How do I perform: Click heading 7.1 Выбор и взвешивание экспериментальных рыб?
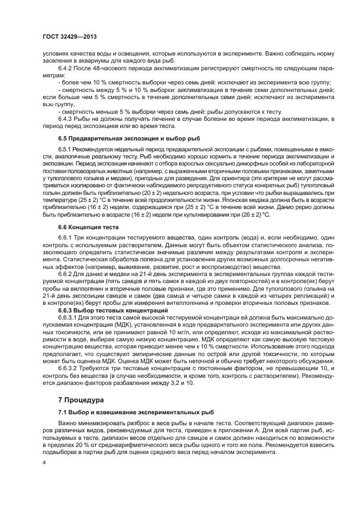(x=136, y=413)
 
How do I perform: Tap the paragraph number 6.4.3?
(x=66, y=119)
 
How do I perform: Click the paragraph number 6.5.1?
(x=66, y=150)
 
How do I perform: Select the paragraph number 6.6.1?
(x=66, y=237)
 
